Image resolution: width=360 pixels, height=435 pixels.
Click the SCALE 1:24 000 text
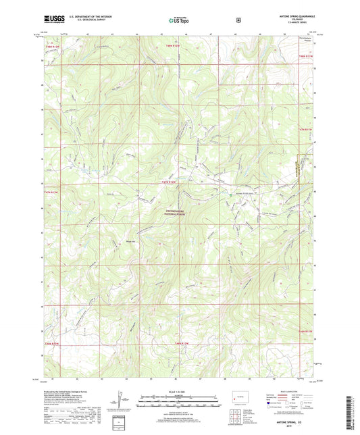pos(180,391)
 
